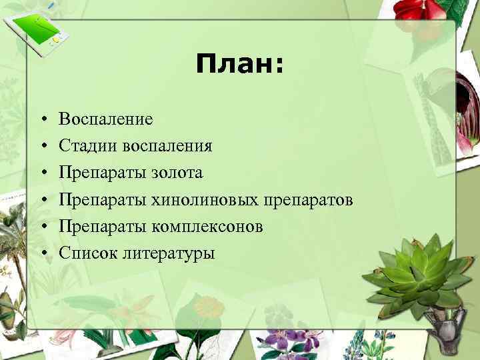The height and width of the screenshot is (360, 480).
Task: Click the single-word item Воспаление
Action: [x=105, y=119]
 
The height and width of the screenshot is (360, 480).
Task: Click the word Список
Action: [x=83, y=253]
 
